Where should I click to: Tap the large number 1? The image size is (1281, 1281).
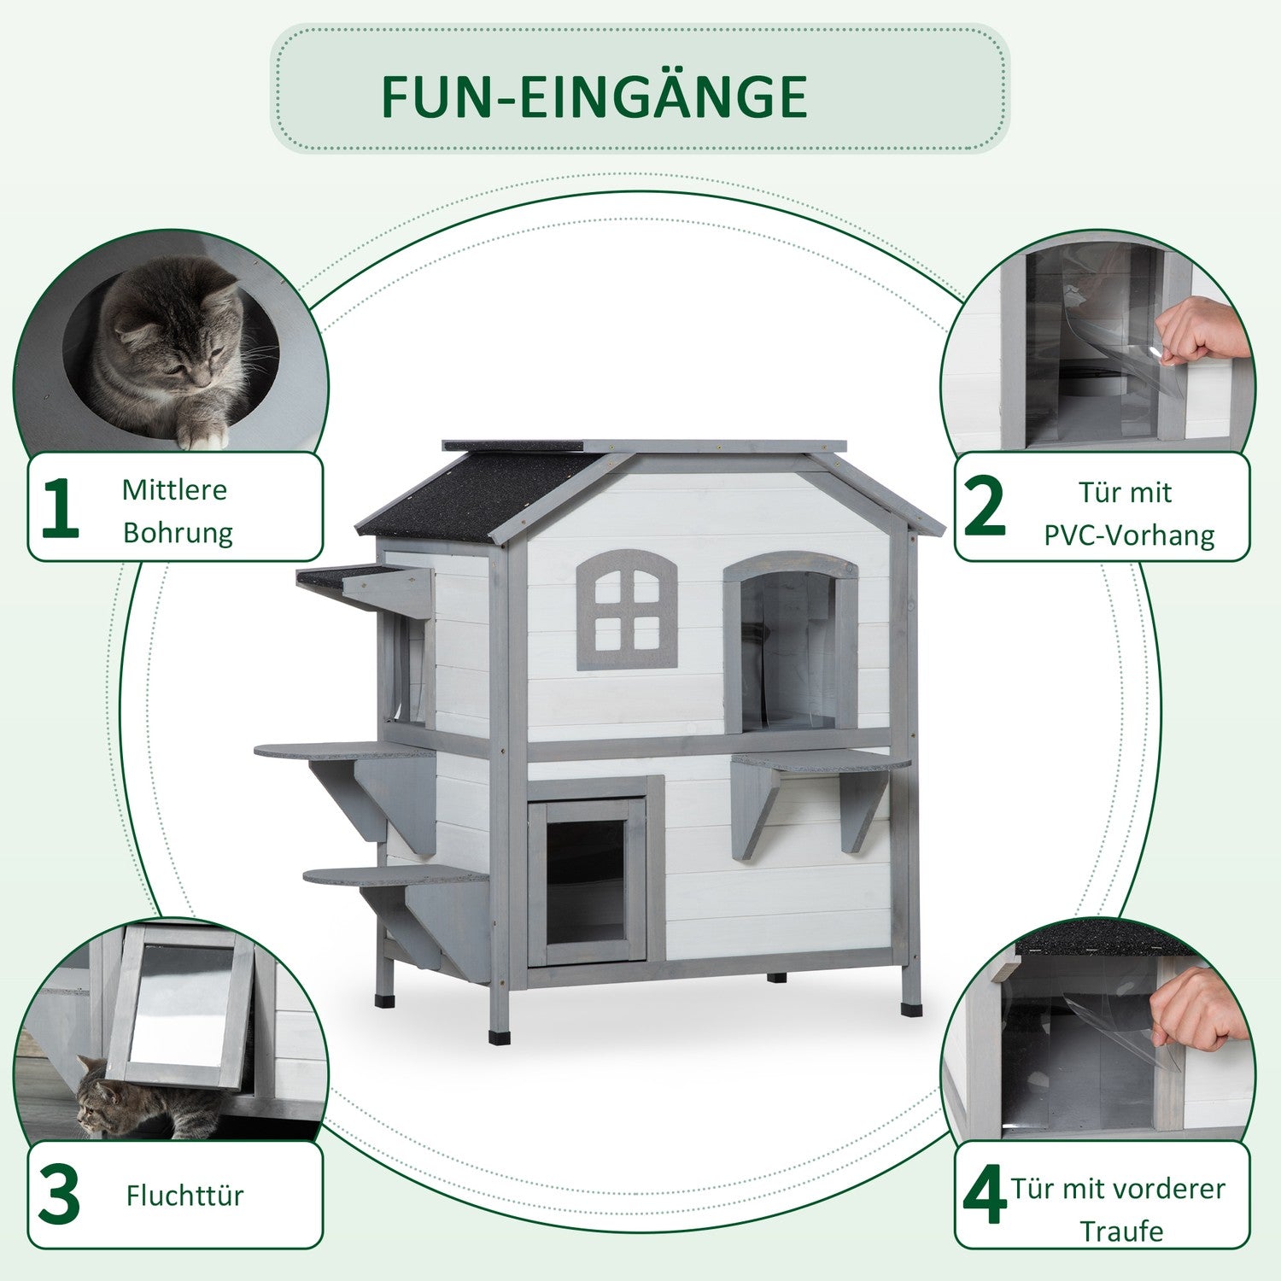point(60,507)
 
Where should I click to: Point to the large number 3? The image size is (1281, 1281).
point(59,1195)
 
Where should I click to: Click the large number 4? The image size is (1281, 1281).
point(985,1197)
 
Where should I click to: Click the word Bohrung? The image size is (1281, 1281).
point(178,533)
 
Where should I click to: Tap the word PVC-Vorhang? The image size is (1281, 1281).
point(1129,535)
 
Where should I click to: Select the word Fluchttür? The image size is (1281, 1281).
point(184,1195)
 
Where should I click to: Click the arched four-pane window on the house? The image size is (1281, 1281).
point(627,609)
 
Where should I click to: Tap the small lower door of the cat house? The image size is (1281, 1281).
point(587,880)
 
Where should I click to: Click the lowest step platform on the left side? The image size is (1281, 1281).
point(395,874)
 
